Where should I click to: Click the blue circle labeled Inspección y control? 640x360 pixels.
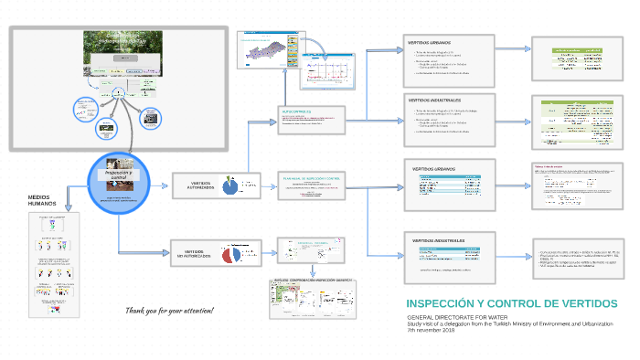(118, 182)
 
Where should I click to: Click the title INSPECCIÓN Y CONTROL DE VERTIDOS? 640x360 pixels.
(511, 303)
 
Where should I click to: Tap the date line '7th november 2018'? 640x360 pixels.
(431, 330)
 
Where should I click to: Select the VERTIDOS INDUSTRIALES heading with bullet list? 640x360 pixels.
(433, 100)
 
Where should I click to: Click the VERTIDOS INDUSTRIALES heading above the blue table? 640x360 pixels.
(438, 241)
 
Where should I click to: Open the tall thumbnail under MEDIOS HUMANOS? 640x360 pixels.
(49, 265)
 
